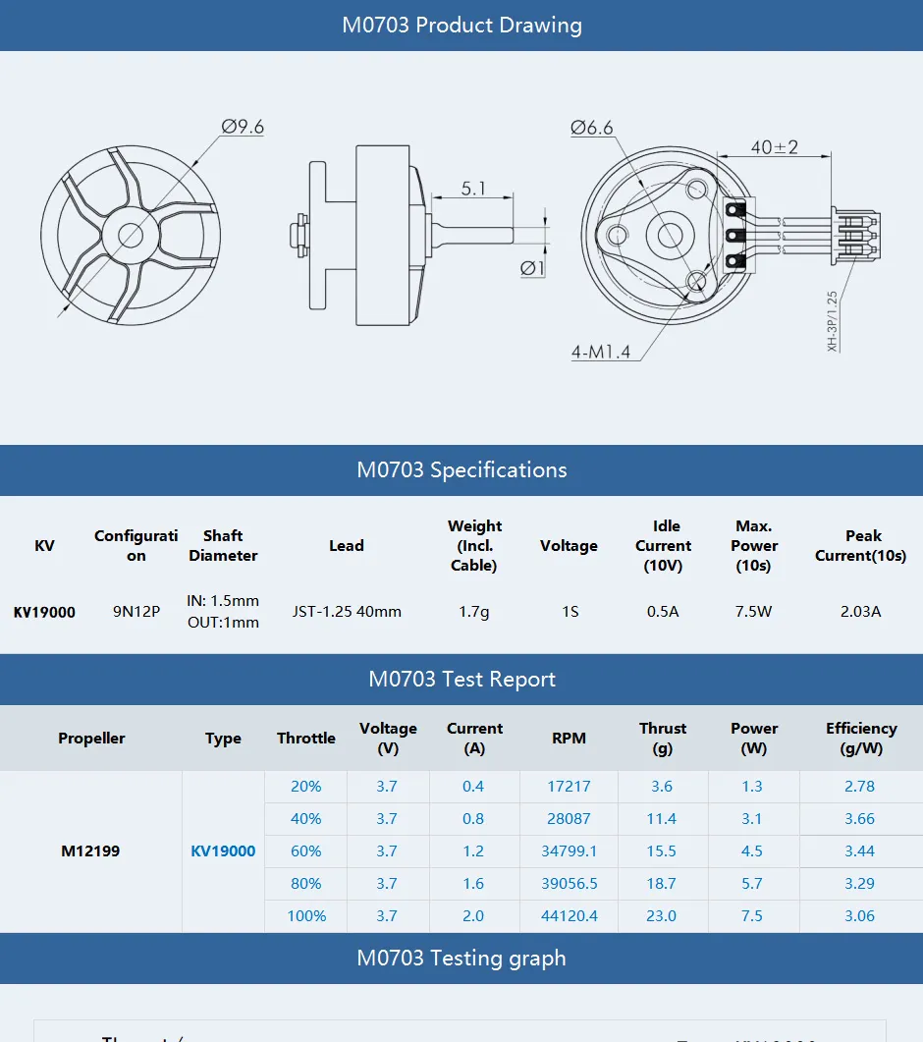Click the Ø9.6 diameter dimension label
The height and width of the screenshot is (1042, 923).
pos(243,127)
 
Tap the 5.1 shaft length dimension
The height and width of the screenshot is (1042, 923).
pos(473,188)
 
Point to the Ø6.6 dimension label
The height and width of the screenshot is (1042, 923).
pos(591,128)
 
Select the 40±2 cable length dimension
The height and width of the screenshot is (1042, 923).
pos(774,147)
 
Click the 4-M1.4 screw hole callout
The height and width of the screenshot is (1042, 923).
pos(600,351)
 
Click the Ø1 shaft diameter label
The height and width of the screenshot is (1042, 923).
pos(532,267)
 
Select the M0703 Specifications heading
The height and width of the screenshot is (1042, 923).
pos(461,469)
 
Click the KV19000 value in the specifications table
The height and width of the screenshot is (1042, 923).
pos(44,612)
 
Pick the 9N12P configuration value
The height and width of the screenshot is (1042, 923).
pos(136,612)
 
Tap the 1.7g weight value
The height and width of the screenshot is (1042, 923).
pos(473,612)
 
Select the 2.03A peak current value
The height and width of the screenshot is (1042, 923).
pos(860,612)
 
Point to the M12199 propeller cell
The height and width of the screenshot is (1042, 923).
pos(90,851)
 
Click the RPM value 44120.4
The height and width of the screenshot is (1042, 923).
pos(569,916)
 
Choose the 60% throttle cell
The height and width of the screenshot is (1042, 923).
pos(305,851)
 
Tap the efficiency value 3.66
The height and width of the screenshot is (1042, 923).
pos(859,819)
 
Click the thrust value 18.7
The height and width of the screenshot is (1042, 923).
pos(662,884)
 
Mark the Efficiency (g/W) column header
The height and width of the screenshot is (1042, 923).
pos(860,739)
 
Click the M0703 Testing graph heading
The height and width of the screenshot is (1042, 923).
pos(461,958)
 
